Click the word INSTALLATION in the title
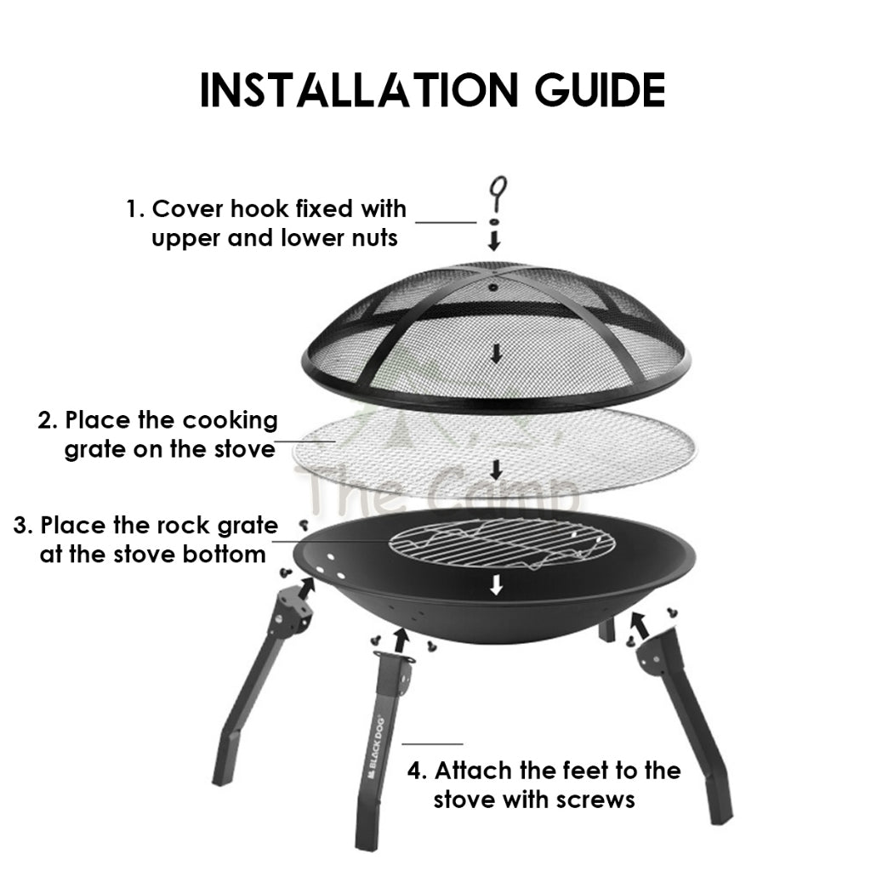(x=358, y=90)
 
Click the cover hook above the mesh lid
(x=498, y=194)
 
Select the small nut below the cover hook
(x=493, y=222)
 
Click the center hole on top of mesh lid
(x=492, y=287)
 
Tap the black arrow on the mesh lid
(x=496, y=353)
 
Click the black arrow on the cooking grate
(x=496, y=470)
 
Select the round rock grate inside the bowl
(x=502, y=544)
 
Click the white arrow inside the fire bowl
(x=496, y=584)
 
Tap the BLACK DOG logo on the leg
(x=375, y=749)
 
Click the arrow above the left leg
(x=305, y=587)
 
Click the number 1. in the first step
(x=135, y=209)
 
